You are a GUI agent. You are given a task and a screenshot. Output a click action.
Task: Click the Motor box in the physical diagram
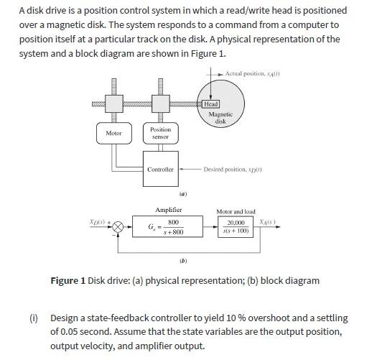(x=113, y=134)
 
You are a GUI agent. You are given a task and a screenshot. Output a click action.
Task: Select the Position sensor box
(x=160, y=133)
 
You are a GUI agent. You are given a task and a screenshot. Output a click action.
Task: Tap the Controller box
(x=160, y=170)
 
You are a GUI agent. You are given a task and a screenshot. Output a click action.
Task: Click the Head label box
(x=212, y=104)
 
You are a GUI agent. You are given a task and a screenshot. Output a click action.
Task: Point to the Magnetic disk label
(x=220, y=117)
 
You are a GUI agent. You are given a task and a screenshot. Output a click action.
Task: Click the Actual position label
(x=251, y=74)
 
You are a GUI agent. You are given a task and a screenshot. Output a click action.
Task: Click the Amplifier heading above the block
(x=169, y=210)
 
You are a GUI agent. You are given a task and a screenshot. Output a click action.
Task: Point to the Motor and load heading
(x=236, y=212)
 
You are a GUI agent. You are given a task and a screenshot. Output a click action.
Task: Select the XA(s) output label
(x=269, y=222)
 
